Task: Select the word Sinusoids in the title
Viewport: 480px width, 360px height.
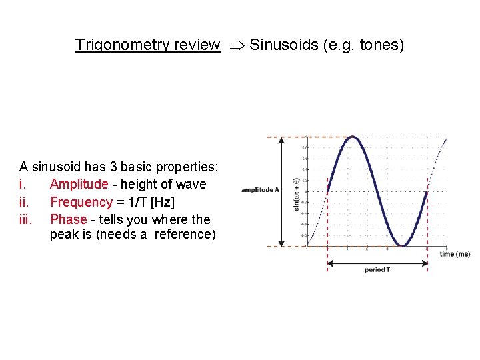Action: pos(280,45)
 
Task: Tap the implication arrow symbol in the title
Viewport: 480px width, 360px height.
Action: pos(234,45)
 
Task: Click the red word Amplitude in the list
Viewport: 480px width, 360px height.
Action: pos(79,184)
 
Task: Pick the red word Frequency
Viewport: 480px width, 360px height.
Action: pos(81,202)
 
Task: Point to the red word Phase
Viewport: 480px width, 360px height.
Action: pos(69,219)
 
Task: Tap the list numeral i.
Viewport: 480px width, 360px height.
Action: pos(22,184)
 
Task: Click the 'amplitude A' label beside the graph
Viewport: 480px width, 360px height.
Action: pos(260,190)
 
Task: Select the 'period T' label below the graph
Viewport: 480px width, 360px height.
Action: pos(377,270)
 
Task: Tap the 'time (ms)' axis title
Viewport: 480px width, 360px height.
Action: pos(455,254)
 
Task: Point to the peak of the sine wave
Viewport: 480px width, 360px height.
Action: pos(353,137)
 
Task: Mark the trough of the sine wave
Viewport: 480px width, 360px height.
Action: pos(403,246)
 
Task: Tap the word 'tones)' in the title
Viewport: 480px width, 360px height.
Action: pos(382,45)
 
